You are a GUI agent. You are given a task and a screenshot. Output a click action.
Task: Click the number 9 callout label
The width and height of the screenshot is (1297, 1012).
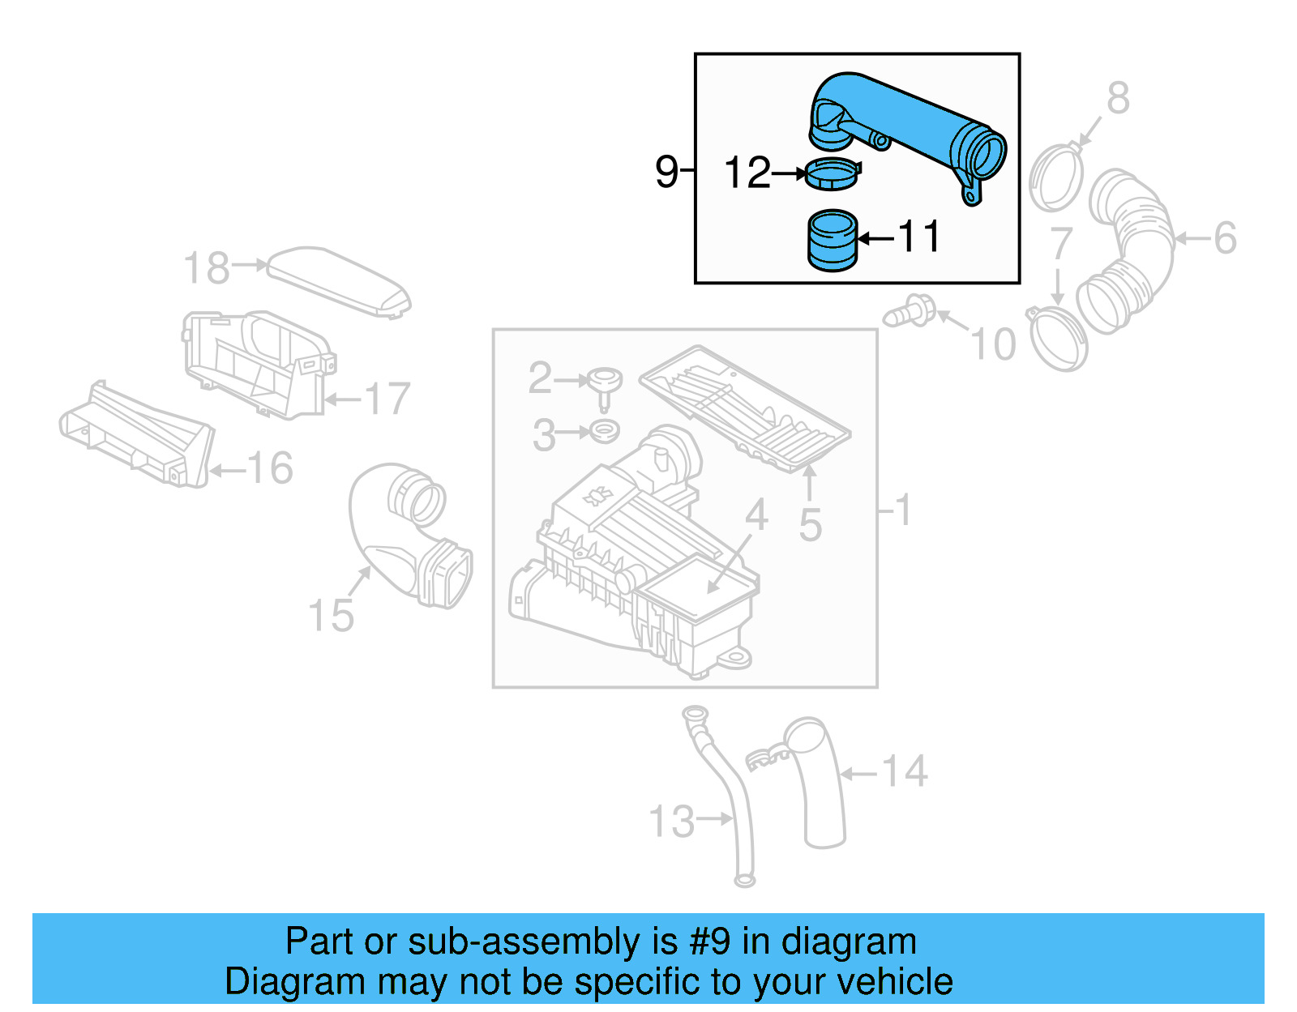point(666,172)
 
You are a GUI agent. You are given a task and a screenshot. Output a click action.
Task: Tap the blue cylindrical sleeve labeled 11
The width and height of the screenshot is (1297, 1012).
point(833,241)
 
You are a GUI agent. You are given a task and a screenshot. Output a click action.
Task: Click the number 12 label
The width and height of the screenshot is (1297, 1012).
point(747,173)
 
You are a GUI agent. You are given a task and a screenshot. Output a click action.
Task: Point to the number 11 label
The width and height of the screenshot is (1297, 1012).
point(919,237)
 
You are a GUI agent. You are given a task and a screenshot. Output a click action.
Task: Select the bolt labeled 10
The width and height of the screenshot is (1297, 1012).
point(910,312)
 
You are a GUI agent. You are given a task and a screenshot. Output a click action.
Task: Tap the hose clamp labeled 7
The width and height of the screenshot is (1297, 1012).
point(1058,339)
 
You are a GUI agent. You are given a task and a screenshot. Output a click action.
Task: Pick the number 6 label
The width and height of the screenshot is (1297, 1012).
point(1224,238)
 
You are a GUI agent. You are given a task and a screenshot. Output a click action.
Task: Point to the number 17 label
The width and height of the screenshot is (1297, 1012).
point(387,399)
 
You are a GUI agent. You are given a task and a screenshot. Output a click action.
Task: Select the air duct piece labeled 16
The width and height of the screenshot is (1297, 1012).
point(138,438)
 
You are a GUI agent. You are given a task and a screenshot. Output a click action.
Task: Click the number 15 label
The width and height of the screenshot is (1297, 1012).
point(331,616)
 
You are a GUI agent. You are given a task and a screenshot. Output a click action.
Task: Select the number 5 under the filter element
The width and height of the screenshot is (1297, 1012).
point(810,525)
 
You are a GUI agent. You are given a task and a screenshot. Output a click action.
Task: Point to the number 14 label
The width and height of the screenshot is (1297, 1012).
point(904,771)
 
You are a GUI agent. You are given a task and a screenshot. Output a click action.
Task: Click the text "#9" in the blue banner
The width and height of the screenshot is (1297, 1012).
point(709,942)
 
